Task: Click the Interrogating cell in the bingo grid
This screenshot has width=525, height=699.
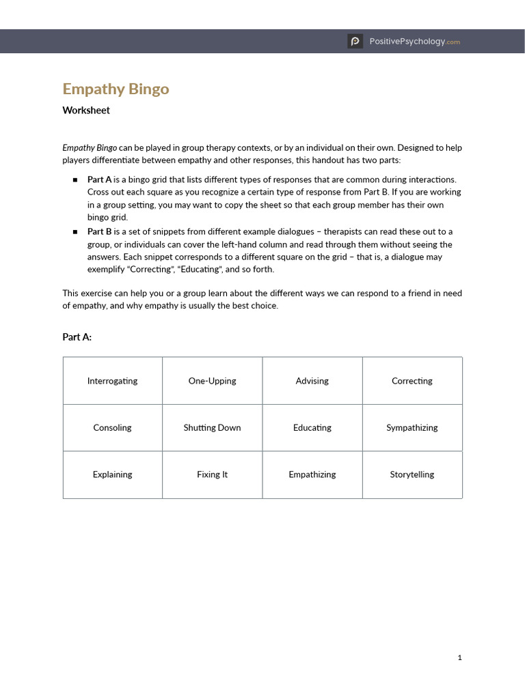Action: (113, 381)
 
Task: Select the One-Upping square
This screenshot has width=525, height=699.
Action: (213, 381)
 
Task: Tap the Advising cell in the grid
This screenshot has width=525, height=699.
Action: (312, 381)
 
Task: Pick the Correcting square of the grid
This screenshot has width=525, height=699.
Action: (412, 381)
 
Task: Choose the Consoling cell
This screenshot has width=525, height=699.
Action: (113, 428)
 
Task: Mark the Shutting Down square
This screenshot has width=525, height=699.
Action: (213, 428)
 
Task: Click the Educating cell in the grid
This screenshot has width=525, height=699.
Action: (312, 428)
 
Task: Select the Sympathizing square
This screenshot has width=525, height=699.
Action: (412, 428)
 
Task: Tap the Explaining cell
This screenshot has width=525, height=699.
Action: (113, 474)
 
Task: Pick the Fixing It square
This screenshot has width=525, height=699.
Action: (213, 474)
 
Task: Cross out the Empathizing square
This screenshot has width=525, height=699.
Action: (312, 474)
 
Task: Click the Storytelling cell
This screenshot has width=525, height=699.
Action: (412, 474)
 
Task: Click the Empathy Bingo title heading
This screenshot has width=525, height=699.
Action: (116, 89)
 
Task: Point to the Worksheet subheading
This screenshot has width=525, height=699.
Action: (86, 110)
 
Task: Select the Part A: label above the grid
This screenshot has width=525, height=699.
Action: (77, 337)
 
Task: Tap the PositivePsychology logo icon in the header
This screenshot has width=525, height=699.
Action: (355, 42)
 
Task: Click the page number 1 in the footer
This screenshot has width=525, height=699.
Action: (460, 658)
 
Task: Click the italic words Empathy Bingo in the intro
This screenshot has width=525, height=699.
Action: (90, 147)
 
